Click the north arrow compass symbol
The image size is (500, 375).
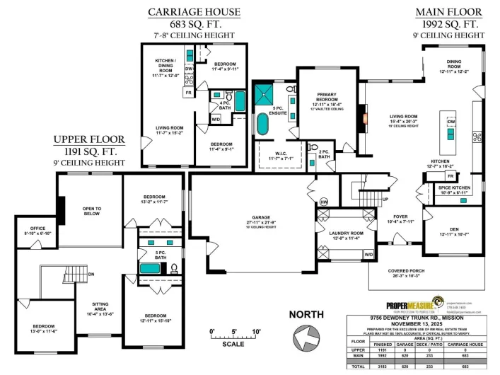click(x=306, y=336)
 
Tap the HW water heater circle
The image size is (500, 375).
click(x=324, y=202)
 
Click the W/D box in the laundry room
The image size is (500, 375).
click(x=368, y=253)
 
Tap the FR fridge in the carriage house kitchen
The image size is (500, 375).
click(x=189, y=93)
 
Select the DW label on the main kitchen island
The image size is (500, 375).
click(x=450, y=122)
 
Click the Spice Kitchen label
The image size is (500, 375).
click(x=455, y=188)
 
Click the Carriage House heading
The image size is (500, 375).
click(x=193, y=12)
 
